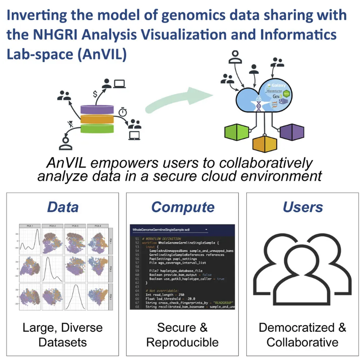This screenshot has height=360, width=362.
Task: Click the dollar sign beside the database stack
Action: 95,94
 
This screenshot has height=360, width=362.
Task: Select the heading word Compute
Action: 183,207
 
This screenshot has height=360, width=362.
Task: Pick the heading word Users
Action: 303,207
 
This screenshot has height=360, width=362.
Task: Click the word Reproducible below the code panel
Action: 182,342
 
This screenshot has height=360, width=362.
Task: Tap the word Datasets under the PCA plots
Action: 63,342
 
